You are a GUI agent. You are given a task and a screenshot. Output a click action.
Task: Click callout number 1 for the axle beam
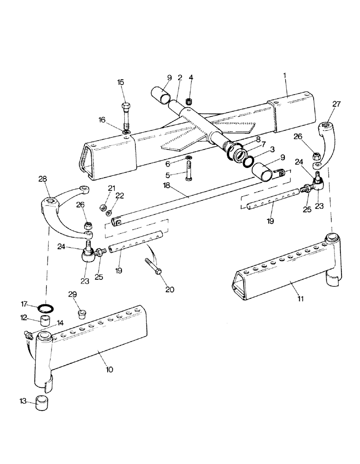pos(285,75)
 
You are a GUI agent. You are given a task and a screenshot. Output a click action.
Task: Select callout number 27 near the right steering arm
pos(336,105)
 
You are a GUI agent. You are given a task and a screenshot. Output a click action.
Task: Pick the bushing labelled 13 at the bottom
pos(42,400)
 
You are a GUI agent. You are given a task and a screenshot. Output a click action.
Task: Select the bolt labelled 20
pos(153,270)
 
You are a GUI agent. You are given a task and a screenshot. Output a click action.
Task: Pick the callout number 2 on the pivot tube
pos(180,78)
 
